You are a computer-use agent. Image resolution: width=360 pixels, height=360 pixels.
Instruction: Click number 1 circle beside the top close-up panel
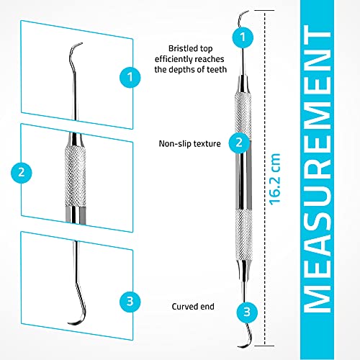(130, 74)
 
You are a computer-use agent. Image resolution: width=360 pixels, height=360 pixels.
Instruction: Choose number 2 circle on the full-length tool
(238, 143)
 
